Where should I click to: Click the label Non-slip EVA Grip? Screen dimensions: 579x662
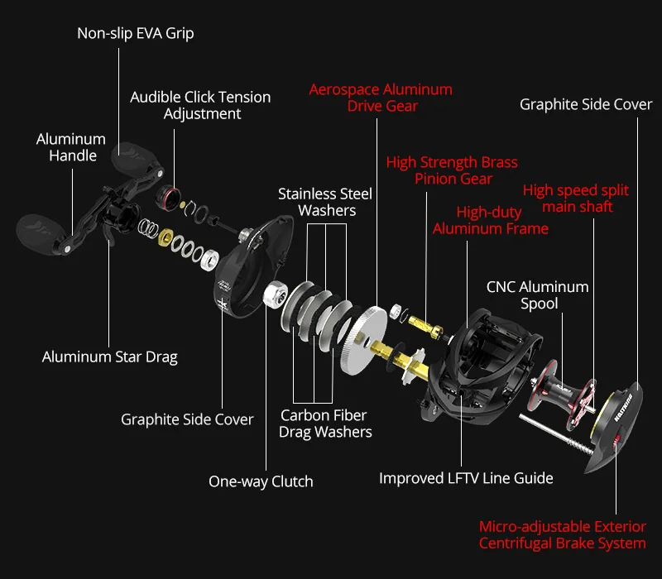136,34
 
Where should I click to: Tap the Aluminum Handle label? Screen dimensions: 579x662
71,147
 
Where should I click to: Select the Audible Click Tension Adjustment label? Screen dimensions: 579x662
200,105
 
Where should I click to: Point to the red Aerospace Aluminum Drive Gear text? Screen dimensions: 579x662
381,97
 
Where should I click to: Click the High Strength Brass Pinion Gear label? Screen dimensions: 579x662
452,170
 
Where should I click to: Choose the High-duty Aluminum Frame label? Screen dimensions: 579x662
490,220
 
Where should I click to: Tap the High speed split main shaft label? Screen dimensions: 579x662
576,199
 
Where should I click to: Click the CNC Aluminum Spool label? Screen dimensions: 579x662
537,295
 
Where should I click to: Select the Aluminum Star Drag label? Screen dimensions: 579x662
110,357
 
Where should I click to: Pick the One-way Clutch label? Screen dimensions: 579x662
261,481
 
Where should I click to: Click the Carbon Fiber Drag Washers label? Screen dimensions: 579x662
324,423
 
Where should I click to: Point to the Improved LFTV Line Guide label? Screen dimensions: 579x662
466,478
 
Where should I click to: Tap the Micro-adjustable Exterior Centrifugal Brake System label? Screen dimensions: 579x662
563,535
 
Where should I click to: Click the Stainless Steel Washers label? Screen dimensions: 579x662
324,202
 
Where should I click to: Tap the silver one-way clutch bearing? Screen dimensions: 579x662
274,294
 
